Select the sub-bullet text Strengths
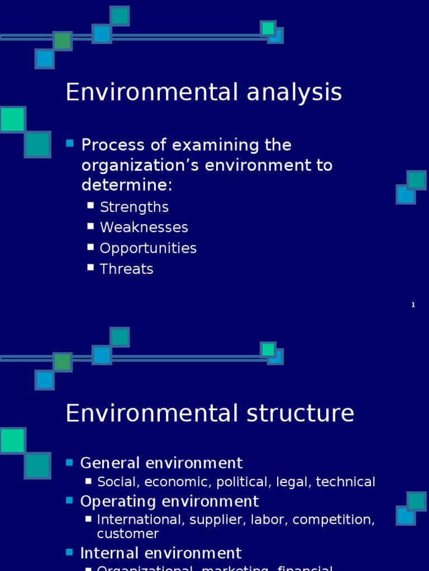(x=134, y=207)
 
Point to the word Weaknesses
(x=144, y=228)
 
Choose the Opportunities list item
(x=148, y=248)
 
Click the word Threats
(x=126, y=269)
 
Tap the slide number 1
(x=413, y=305)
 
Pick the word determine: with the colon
(x=127, y=185)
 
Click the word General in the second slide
(x=107, y=463)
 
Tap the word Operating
(x=117, y=501)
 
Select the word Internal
(x=107, y=553)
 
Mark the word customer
(x=128, y=534)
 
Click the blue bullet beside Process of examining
(x=70, y=144)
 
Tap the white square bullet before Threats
(x=90, y=268)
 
